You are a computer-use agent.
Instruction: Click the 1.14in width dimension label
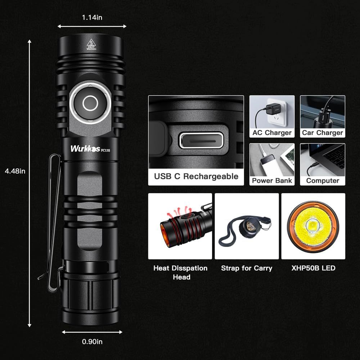(92, 17)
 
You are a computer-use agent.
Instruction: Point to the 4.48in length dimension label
(15, 171)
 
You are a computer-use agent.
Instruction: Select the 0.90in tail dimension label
(92, 342)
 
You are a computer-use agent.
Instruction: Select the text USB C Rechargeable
(196, 176)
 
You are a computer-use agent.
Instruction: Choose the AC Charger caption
(272, 133)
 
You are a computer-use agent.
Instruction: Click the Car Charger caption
(323, 133)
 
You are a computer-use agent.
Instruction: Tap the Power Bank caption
(272, 180)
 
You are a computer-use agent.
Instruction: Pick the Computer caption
(323, 180)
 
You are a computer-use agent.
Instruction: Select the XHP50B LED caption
(313, 268)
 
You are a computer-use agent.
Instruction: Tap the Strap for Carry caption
(247, 268)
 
